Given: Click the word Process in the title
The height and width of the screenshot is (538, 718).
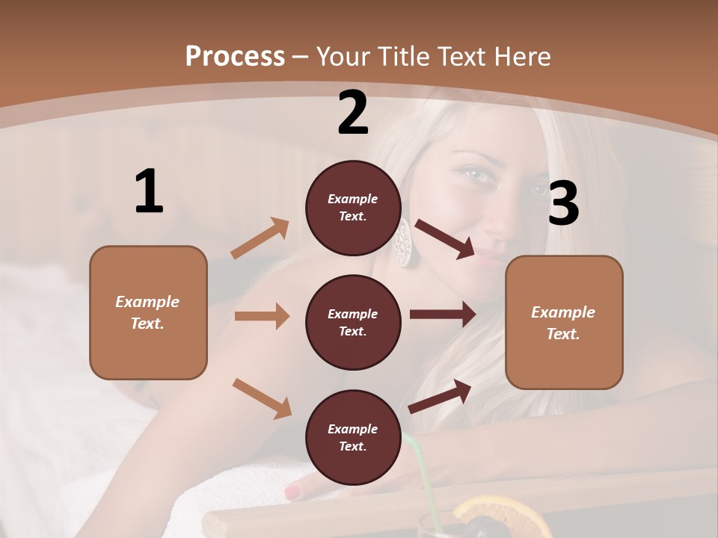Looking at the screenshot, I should (x=235, y=56).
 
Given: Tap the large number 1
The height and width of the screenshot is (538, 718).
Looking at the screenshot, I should (x=149, y=191).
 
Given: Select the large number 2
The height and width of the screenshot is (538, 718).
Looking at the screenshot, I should (x=353, y=113).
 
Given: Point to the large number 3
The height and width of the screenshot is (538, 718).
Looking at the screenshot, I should (x=563, y=203).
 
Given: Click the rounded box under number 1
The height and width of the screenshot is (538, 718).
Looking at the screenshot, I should (x=148, y=312).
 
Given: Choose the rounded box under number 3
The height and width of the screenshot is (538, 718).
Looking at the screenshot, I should (x=564, y=322).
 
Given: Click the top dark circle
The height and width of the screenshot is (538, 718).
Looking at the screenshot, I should (x=353, y=208).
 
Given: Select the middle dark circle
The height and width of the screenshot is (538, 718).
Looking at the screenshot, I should (x=353, y=322).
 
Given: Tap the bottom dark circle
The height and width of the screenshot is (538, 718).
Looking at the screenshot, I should (x=353, y=437).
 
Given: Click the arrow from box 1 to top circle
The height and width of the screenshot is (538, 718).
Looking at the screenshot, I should (x=260, y=238).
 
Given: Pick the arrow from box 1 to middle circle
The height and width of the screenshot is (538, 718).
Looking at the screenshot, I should (x=262, y=316).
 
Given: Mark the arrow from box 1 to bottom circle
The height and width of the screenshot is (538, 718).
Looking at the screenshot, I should (x=262, y=398).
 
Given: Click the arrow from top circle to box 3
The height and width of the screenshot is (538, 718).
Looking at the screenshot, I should (x=445, y=239).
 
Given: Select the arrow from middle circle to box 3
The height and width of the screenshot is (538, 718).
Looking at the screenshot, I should (x=443, y=314).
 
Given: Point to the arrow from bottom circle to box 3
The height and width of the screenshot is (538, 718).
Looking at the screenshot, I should (x=440, y=396).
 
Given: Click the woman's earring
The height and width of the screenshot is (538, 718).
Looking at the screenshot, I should (x=402, y=242).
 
